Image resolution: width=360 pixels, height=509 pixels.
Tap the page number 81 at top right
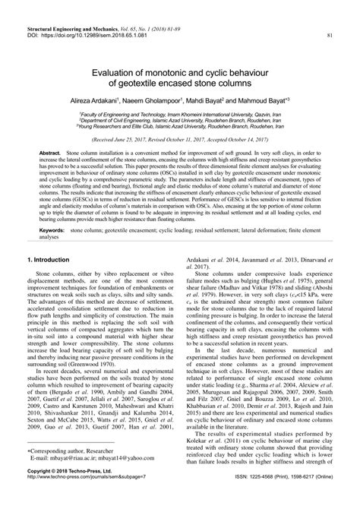(x=329, y=35)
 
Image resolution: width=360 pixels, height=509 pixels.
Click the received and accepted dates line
(x=179, y=141)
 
